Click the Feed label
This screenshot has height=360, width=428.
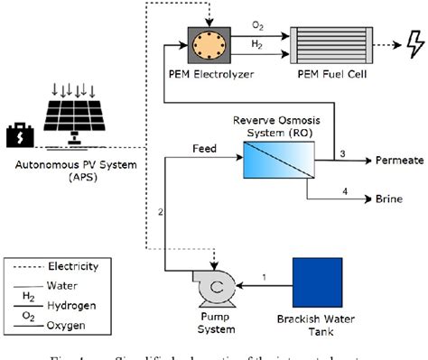click(x=205, y=147)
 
